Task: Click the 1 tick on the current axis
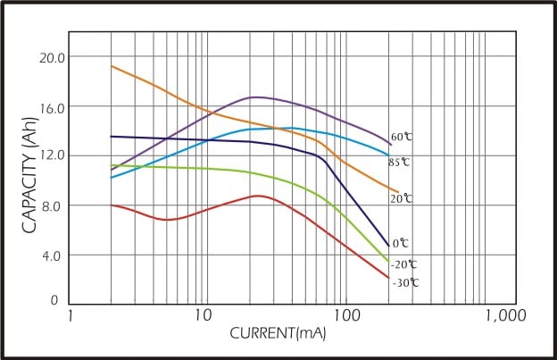pos(71,316)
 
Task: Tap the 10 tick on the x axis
pos(203,316)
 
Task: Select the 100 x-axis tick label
pos(346,316)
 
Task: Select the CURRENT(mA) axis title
pos(278,334)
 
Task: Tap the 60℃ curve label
pos(402,137)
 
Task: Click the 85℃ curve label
pos(399,162)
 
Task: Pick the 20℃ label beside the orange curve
pos(401,198)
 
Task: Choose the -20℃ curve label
pos(403,264)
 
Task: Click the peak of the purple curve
pos(255,96)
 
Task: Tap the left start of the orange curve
pos(112,66)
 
